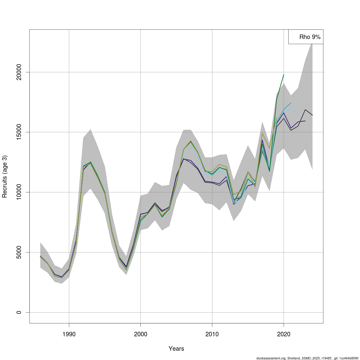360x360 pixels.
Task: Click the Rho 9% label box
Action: pos(306,37)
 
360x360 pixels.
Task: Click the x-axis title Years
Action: pos(176,349)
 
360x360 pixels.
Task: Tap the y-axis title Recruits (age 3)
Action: pos(4,176)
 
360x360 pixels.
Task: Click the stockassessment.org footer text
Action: pos(307,358)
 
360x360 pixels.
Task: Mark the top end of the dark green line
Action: pos(283,75)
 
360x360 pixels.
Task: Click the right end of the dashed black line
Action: pos(312,115)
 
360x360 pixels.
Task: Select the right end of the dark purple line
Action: pos(305,121)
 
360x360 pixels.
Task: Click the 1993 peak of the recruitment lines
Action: pos(91,162)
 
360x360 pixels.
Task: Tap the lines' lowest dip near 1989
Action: pos(62,277)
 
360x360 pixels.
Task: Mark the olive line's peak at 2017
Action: pos(262,133)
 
